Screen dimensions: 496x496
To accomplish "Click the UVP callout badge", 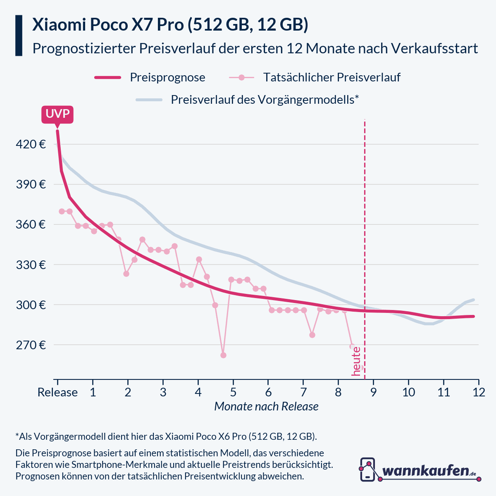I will pyautogui.click(x=57, y=114).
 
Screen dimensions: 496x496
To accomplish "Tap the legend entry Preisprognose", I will pyautogui.click(x=167, y=77).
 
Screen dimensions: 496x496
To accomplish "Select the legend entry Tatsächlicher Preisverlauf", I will pyautogui.click(x=331, y=77).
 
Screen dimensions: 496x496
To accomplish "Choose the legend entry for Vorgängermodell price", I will pyautogui.click(x=265, y=100).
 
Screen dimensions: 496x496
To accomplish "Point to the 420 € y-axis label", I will pyautogui.click(x=30, y=144).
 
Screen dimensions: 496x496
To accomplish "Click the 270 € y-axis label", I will pyautogui.click(x=30, y=345).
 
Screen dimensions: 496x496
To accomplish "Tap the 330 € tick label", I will pyautogui.click(x=30, y=265).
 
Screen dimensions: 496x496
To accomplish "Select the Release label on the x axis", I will pyautogui.click(x=57, y=392).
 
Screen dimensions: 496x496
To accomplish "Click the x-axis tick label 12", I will pyautogui.click(x=479, y=392).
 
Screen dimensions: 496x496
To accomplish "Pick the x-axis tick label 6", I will pyautogui.click(x=268, y=392).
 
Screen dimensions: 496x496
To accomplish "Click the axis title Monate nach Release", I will pyautogui.click(x=267, y=406).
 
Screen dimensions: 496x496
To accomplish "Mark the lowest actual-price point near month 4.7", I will pyautogui.click(x=223, y=355).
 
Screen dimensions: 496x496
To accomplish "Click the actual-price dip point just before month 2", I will pyautogui.click(x=126, y=274).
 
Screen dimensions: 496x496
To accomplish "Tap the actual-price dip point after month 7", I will pyautogui.click(x=312, y=335).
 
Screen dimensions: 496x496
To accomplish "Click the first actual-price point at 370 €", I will pyautogui.click(x=62, y=211).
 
